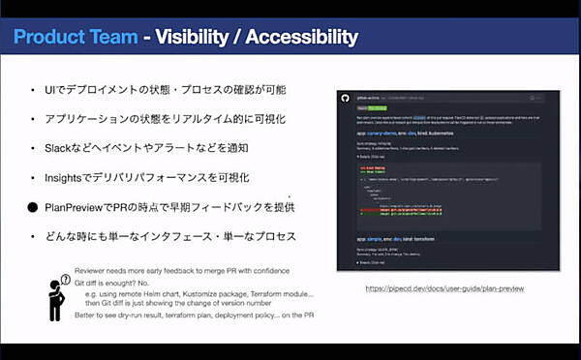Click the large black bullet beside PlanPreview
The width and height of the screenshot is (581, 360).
[x=32, y=207]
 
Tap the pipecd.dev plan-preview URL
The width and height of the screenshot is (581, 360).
[x=444, y=288]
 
